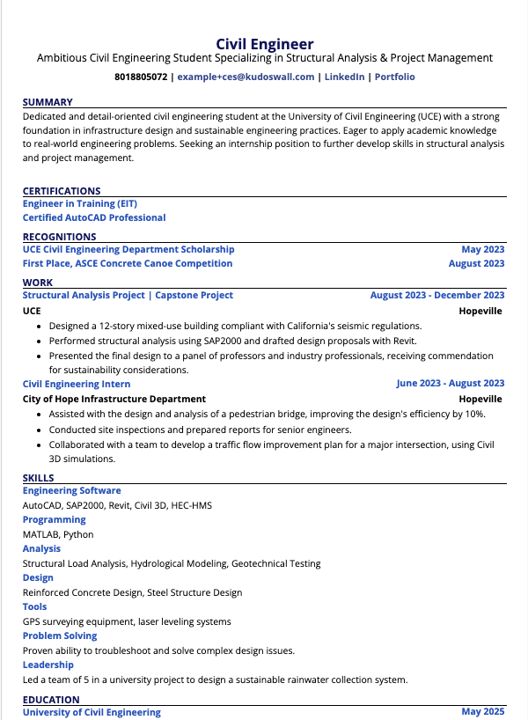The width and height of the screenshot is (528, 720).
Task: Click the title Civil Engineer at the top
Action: [x=264, y=43]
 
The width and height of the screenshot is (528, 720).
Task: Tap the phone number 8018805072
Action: [x=141, y=77]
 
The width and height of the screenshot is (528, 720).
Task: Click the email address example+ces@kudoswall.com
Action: [x=246, y=77]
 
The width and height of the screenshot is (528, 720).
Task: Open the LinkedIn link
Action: [x=344, y=77]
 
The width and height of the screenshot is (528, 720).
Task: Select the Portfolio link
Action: [x=394, y=77]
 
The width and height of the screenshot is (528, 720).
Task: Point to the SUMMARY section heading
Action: [x=48, y=102]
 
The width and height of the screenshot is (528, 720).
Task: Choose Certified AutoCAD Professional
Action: [x=94, y=217]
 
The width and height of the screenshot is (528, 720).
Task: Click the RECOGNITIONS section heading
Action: [x=59, y=237]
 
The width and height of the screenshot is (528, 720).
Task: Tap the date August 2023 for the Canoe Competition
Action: [x=476, y=263]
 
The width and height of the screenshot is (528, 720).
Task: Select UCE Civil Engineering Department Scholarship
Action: [x=128, y=249]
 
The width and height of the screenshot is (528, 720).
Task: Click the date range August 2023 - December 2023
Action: [x=437, y=296]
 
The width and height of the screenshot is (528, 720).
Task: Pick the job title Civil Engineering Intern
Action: [x=77, y=384]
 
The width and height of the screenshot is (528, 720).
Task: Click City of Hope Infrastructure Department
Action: [x=114, y=399]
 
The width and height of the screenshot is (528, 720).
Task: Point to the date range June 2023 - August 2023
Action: [x=451, y=384]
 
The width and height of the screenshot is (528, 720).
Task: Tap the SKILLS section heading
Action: [x=38, y=478]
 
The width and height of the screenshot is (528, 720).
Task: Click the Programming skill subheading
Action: [x=54, y=519]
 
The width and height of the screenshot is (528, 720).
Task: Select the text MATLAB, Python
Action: [x=58, y=534]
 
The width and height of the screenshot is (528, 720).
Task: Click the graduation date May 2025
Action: [x=483, y=712]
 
